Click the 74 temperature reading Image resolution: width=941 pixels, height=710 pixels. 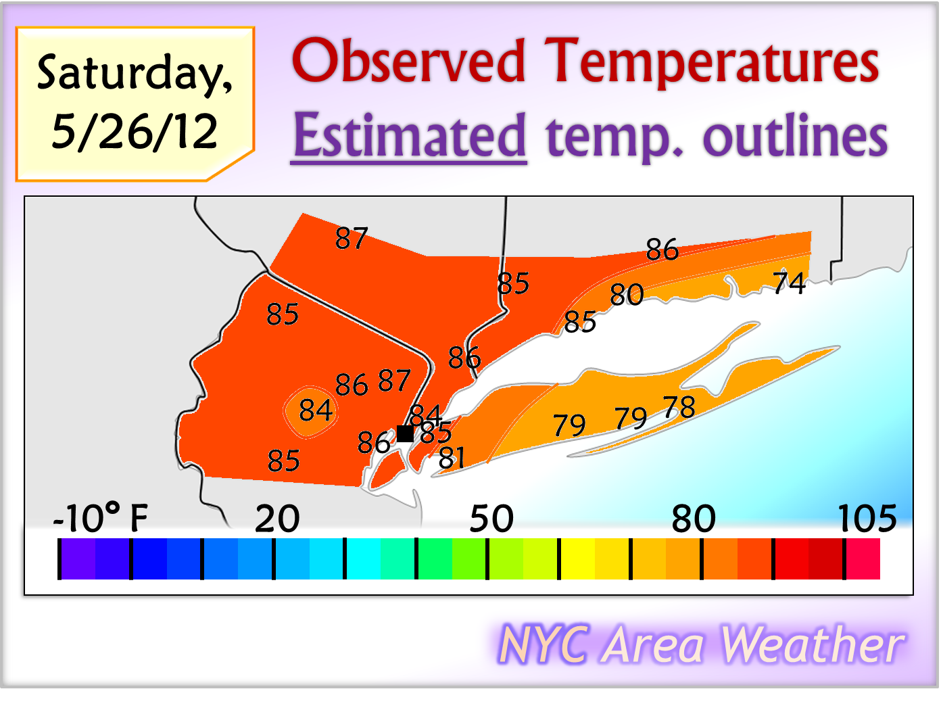pos(789,283)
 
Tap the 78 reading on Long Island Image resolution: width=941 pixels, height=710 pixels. pos(679,407)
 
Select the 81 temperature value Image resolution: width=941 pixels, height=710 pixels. pos(452,458)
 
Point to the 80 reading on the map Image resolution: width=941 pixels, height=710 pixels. pos(627,295)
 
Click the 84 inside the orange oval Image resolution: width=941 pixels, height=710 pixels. pos(316,410)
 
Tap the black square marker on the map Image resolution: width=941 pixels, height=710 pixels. pos(405,433)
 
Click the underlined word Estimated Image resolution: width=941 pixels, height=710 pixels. pos(409,136)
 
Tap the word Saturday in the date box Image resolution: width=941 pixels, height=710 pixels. pos(135,73)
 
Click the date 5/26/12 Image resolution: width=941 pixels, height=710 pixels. pos(135,131)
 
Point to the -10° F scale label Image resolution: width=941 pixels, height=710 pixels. pos(100,519)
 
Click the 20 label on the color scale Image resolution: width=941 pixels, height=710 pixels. pos(277,519)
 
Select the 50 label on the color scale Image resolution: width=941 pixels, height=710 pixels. pos(491,519)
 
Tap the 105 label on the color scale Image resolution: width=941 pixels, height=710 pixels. pos(867,519)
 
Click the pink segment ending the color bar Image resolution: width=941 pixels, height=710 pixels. pos(863,559)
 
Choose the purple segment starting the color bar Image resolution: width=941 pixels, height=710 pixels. pos(78,559)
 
